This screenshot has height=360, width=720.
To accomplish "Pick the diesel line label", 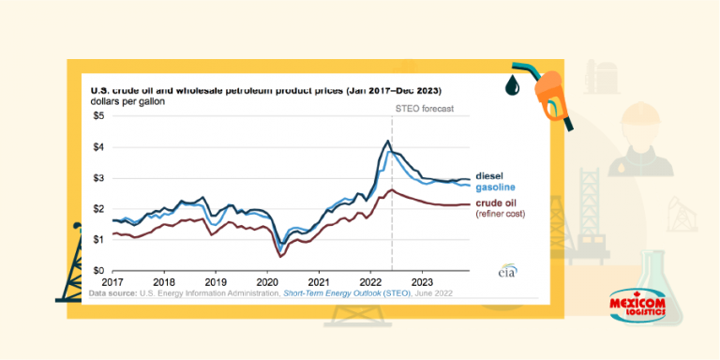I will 490,175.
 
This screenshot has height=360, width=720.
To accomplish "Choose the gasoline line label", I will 496,187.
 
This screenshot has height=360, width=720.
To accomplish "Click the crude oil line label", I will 497,202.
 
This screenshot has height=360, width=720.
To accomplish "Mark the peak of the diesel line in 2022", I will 387,142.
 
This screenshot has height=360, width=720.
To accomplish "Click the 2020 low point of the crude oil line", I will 280,255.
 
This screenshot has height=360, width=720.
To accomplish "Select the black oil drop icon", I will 512,85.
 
